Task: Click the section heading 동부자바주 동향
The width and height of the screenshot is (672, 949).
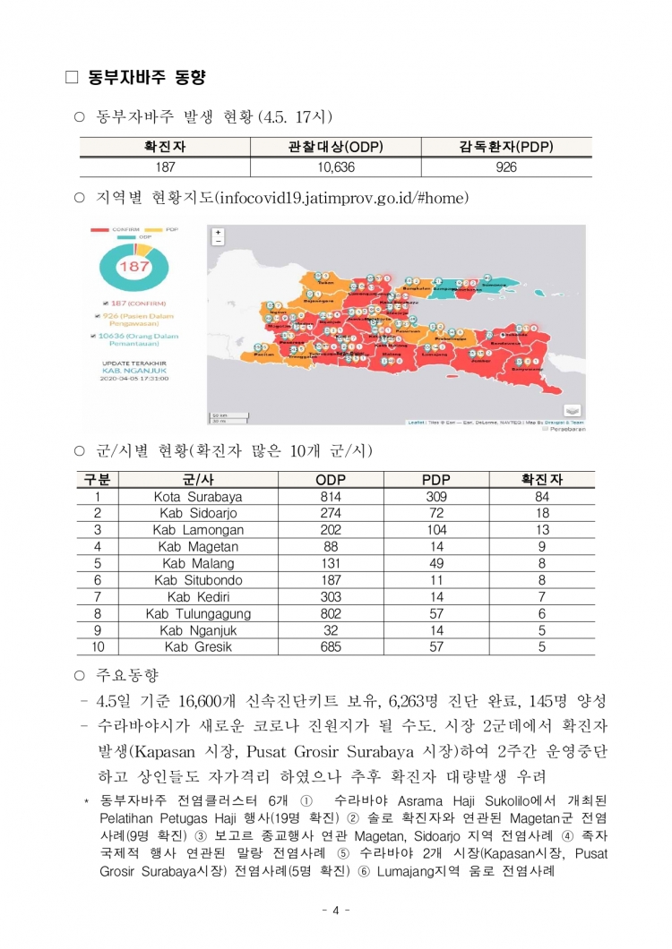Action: coord(147,78)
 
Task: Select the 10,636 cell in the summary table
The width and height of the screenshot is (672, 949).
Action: coord(335,167)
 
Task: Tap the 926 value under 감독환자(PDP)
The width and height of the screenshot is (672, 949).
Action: coord(506,167)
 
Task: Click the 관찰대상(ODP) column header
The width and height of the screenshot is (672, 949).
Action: coord(335,147)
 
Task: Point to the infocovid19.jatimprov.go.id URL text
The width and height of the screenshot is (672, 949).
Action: coord(341,198)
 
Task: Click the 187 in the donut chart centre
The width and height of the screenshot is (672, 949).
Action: coord(134,268)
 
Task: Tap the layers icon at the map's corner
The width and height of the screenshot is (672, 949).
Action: coord(572,410)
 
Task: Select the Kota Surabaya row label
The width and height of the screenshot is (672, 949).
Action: coord(198,496)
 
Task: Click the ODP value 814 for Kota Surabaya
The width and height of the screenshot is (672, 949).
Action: coord(331,496)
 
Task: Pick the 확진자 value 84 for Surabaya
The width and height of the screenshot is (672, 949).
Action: coord(542,496)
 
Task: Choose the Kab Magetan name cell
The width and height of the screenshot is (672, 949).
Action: coord(198,546)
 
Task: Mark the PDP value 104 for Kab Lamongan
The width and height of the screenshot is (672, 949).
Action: coord(437,530)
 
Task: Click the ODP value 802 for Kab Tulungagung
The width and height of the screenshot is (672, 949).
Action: coord(331,613)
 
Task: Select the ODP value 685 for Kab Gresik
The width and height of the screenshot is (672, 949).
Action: coord(331,646)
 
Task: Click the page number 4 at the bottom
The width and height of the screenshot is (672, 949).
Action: coord(335,911)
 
